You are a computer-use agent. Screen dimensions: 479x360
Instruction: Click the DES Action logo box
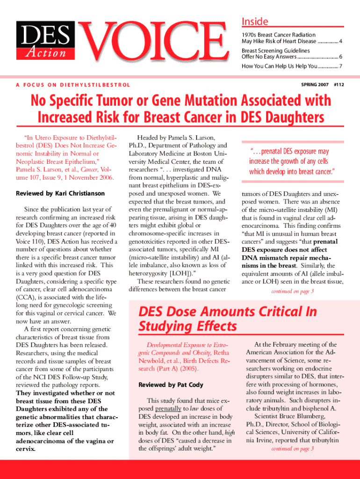click(45, 42)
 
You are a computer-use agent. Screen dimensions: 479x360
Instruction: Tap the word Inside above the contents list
click(255, 22)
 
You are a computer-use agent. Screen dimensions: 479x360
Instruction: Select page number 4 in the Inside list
click(341, 42)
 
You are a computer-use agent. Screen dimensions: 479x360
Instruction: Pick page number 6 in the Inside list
click(341, 57)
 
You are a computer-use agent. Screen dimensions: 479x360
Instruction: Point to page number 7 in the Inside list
click(341, 66)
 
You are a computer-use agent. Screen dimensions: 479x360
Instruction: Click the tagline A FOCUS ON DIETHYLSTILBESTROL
click(73, 85)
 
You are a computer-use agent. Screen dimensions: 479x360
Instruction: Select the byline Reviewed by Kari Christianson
click(60, 193)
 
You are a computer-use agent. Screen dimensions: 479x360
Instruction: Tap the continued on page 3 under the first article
click(293, 291)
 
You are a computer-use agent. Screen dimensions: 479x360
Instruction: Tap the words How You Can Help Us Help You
click(279, 66)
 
